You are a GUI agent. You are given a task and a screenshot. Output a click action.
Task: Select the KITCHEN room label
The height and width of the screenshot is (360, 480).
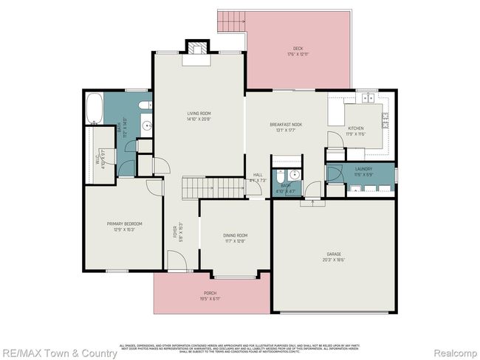click(356, 128)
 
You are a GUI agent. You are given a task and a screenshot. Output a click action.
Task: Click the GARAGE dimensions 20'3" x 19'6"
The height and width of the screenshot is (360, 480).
click(334, 260)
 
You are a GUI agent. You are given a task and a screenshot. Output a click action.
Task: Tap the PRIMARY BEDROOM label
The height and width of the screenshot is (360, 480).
click(124, 224)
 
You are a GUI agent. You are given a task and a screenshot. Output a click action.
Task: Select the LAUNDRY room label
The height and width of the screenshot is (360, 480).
click(363, 169)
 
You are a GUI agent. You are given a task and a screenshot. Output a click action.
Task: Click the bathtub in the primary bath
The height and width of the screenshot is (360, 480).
click(95, 108)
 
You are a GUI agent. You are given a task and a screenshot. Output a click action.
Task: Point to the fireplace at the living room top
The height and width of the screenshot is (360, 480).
click(196, 49)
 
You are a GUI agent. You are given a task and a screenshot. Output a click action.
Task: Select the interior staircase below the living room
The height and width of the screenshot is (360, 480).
click(213, 187)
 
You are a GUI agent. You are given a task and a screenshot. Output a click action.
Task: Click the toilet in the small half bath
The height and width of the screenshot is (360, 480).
click(278, 176)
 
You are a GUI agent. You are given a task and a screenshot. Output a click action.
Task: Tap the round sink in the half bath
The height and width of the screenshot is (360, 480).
click(292, 175)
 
